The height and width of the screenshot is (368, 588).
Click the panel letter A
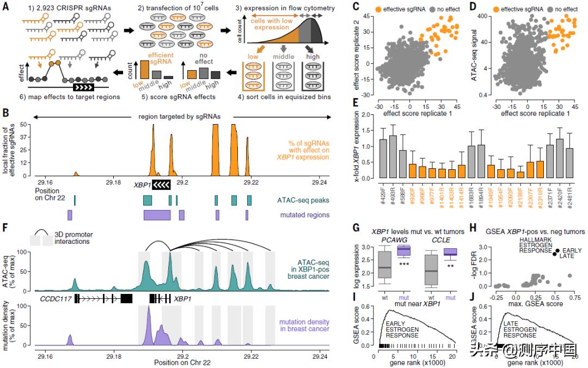(x=5, y=7)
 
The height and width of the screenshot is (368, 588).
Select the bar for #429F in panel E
(x=383, y=158)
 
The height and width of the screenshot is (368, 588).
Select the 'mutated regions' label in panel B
(x=301, y=215)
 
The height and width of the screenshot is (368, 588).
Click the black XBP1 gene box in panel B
(x=162, y=185)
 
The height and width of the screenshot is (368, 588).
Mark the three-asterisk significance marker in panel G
(x=404, y=264)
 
